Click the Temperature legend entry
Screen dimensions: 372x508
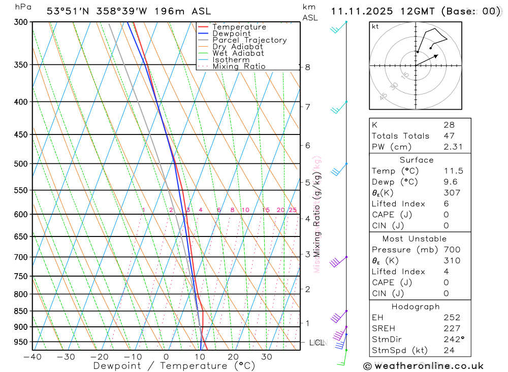pyautogui.click(x=239, y=27)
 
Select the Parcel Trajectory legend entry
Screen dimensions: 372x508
pyautogui.click(x=249, y=40)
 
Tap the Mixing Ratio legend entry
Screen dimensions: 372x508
pyautogui.click(x=239, y=66)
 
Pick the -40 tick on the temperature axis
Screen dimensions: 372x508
pyautogui.click(x=32, y=357)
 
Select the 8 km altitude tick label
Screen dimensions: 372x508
pyautogui.click(x=307, y=67)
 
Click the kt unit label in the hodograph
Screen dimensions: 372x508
pyautogui.click(x=375, y=26)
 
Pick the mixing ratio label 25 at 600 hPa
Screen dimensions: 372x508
pyautogui.click(x=293, y=210)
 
